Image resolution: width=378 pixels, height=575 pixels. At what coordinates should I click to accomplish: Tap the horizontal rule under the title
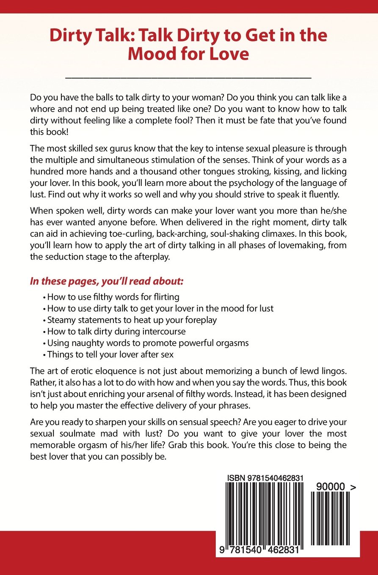click(189, 78)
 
